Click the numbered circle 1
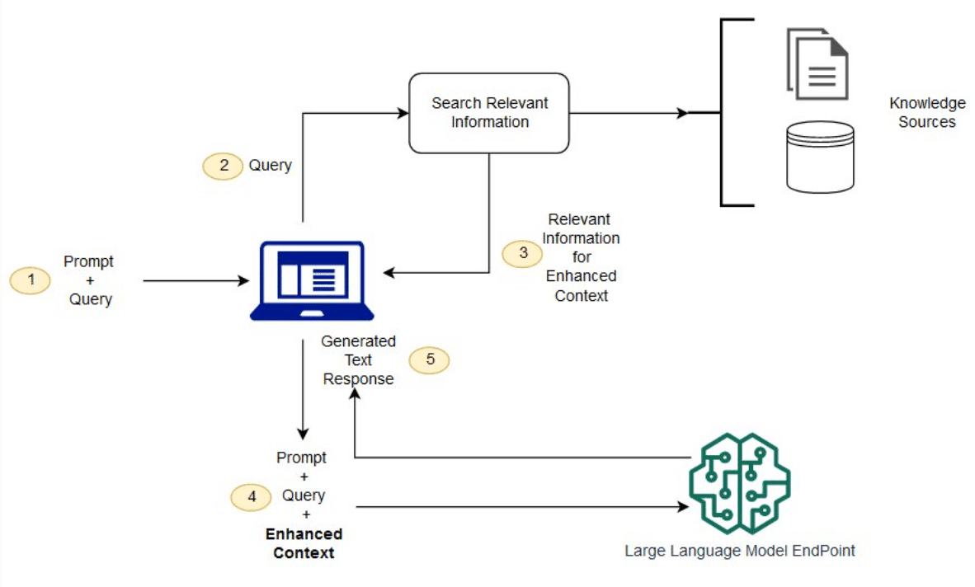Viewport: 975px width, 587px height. coord(31,281)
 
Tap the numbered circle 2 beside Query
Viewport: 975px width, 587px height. coord(223,166)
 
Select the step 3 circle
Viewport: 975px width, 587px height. coord(523,253)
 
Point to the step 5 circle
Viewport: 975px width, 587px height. coord(430,360)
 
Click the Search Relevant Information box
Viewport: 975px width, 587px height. coord(489,113)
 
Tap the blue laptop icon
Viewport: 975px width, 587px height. coord(312,280)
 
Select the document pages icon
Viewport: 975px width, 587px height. coord(817,63)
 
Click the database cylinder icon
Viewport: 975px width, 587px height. coord(820,157)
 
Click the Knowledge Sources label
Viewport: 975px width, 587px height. coord(927,113)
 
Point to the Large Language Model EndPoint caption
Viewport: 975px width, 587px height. coord(739,551)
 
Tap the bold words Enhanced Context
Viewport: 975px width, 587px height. coord(304,544)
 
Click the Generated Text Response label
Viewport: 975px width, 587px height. coord(358,360)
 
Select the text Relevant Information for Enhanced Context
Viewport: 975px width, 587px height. coord(582,258)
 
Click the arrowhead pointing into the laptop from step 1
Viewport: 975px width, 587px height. coord(244,281)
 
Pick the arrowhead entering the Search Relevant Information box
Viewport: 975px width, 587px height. coord(403,113)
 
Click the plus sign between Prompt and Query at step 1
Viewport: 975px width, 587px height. coord(90,281)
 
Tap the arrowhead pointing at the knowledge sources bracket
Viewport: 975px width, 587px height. coord(682,113)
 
